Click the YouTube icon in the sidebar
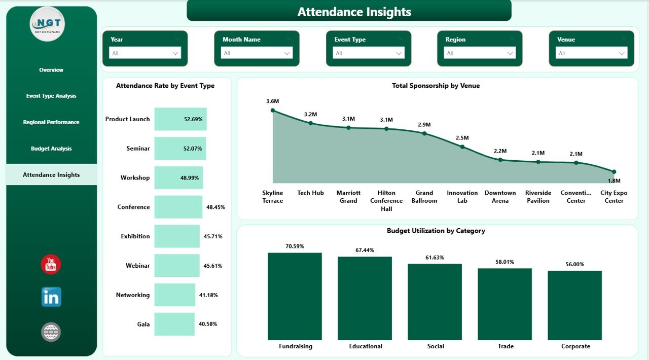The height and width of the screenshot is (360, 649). point(51,265)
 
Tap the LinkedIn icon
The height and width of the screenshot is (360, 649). point(51,297)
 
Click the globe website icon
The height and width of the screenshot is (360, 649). point(51,332)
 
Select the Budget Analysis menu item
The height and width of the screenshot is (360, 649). point(51,149)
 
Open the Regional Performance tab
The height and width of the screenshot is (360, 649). point(51,122)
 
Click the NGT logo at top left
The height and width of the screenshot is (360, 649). point(47,24)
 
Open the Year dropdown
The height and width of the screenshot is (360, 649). point(145,53)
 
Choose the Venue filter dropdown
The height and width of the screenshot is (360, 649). point(591,53)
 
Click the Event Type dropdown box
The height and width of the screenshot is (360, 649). point(368,53)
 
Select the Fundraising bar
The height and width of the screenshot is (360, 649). point(295,296)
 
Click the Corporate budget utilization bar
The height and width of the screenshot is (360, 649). point(574,305)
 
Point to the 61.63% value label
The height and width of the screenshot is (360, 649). point(435,258)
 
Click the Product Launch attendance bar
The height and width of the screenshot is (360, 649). point(180,119)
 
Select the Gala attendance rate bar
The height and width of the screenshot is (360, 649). point(174,324)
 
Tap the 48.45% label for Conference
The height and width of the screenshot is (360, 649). point(215,207)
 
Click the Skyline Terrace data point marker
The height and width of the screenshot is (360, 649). point(273,110)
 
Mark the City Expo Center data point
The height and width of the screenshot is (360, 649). point(614,172)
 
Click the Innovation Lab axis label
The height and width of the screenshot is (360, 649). point(462,197)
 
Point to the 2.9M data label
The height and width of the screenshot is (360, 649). point(424,125)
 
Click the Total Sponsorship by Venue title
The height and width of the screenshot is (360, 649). point(436,86)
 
